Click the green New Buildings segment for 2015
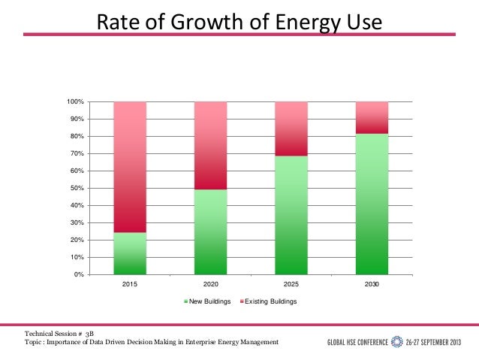(130, 253)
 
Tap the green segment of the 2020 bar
(211, 231)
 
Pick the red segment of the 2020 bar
(211, 145)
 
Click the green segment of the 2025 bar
(291, 215)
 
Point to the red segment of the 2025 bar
(291, 129)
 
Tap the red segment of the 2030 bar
(372, 117)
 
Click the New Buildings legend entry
(208, 301)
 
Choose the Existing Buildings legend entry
(268, 301)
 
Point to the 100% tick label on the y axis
(75, 101)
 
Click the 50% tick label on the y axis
(77, 188)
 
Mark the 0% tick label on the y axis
(79, 274)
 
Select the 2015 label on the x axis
(130, 286)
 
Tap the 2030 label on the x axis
(372, 286)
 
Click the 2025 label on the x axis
(291, 286)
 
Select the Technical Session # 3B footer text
(59, 332)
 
